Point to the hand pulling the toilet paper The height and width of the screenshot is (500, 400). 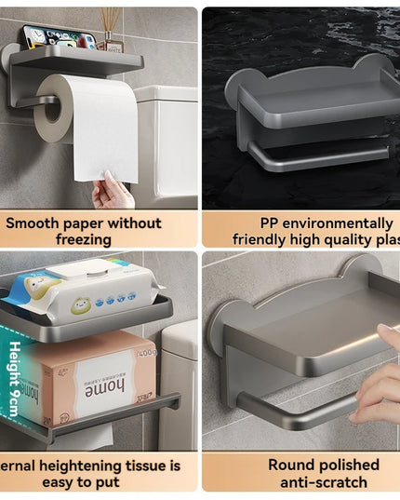click(x=112, y=192)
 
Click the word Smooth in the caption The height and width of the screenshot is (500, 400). click(x=37, y=223)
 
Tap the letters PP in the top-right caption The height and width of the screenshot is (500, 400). click(x=273, y=223)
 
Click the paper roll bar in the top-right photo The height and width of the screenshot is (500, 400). click(x=316, y=160)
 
